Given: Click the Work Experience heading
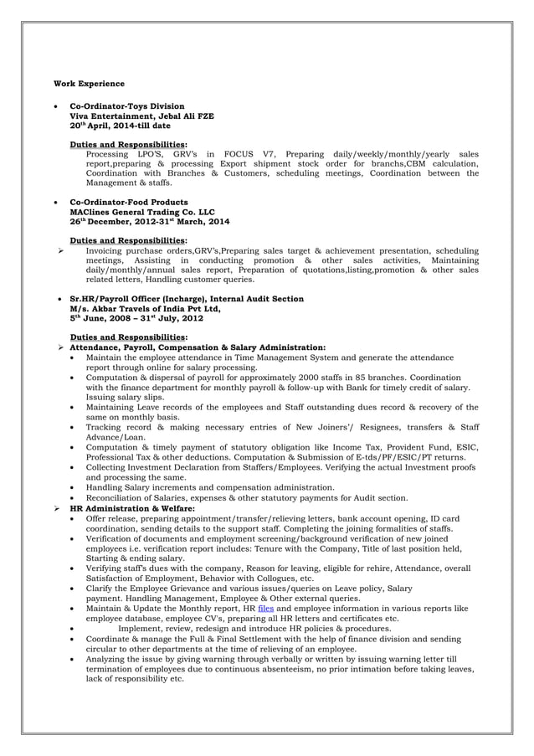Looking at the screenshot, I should tap(89, 84).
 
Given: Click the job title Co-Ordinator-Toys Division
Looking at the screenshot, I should tap(126, 107).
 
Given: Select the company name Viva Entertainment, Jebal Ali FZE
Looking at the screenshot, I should tap(141, 116).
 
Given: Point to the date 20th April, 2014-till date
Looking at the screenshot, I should tap(120, 126).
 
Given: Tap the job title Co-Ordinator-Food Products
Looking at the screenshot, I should tap(128, 203).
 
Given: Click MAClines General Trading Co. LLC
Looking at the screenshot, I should tap(141, 212).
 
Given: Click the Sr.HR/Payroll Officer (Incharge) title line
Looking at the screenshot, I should tap(186, 298).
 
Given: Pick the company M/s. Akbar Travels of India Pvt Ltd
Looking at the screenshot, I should tap(145, 308).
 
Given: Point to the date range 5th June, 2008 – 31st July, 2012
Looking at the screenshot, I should tap(136, 318).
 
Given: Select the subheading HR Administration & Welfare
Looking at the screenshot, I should tap(132, 508).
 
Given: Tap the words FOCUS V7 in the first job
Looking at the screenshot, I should tap(248, 154).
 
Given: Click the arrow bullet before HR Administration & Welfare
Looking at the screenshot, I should tap(59, 508).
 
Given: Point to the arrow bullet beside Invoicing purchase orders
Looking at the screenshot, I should tap(59, 250).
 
